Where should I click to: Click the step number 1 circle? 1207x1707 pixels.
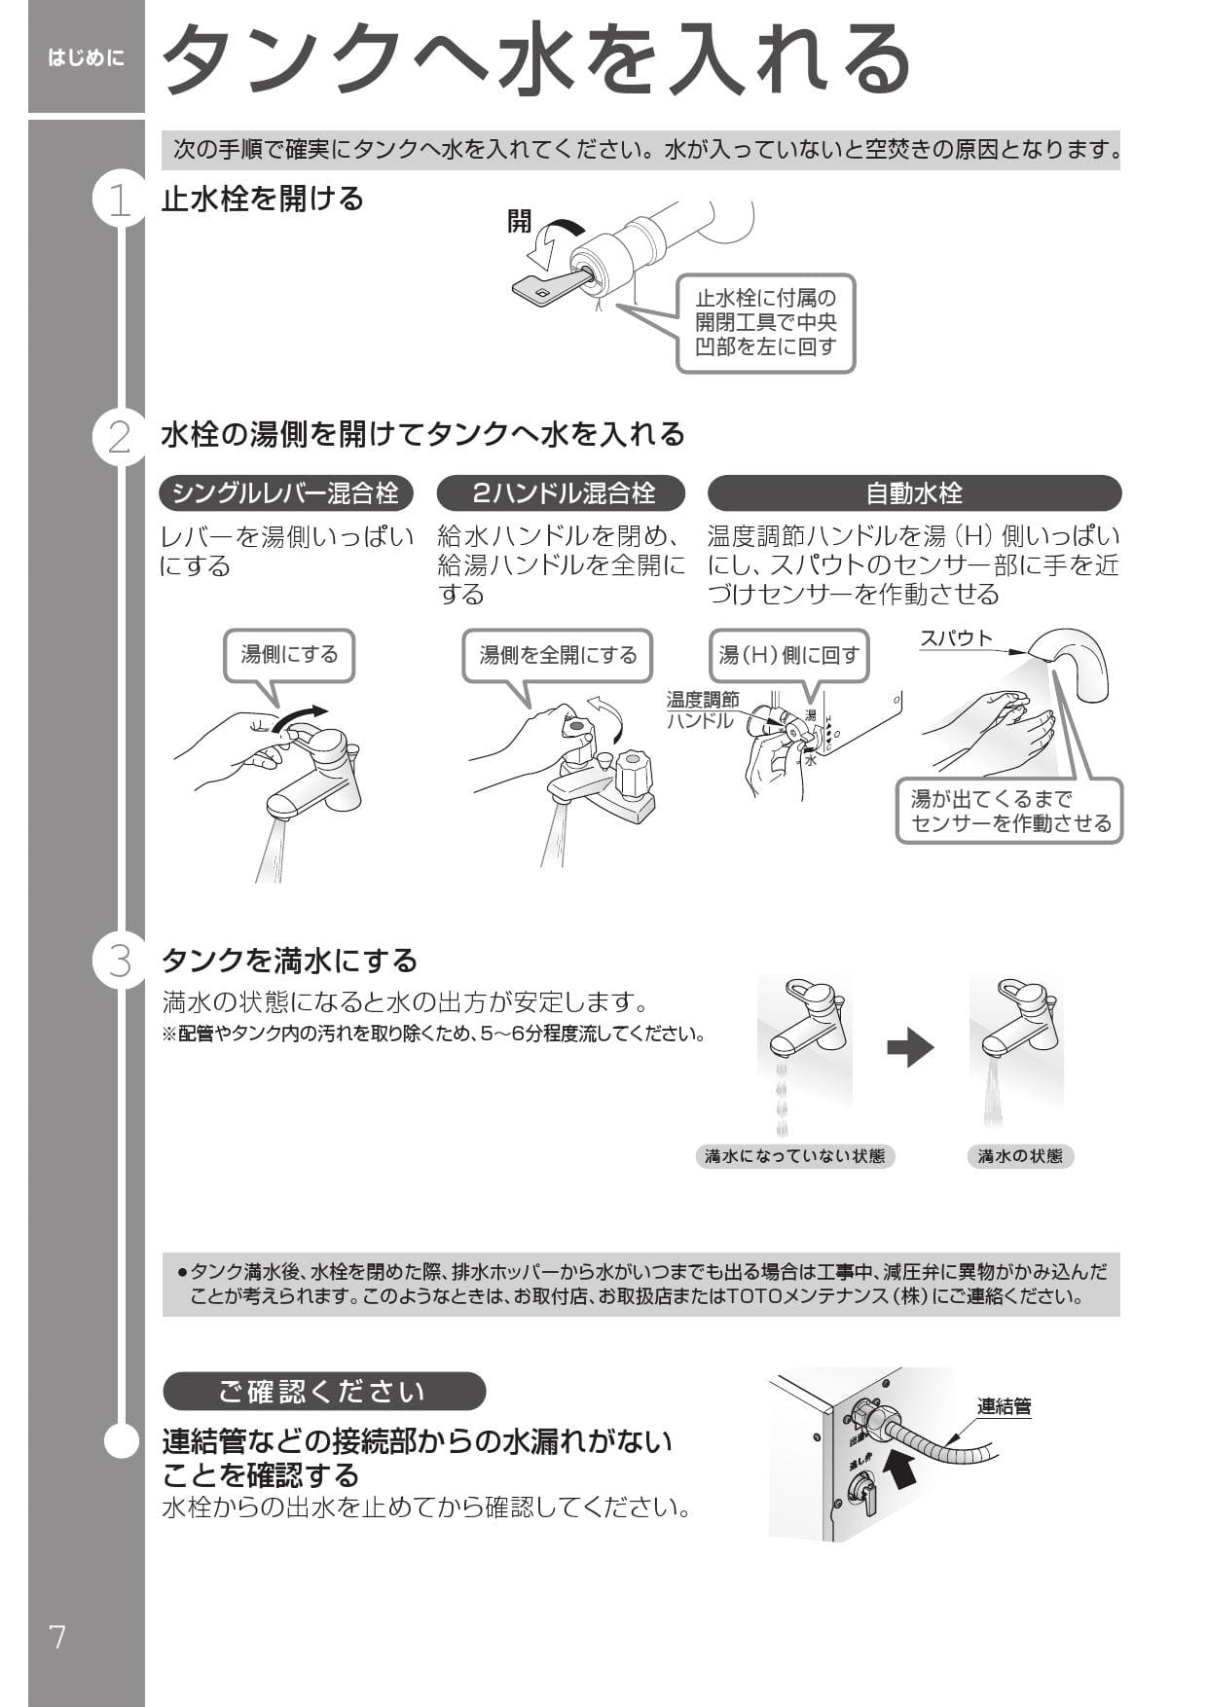(120, 200)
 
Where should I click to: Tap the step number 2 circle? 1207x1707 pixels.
(120, 437)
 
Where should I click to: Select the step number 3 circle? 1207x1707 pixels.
(120, 962)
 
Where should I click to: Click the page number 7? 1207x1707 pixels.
(58, 1637)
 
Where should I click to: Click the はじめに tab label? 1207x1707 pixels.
(87, 58)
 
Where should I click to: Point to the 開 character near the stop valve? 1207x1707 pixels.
(520, 221)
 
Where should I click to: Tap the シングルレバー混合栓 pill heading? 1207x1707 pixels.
(285, 493)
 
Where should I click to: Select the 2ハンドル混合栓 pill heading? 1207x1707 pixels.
(562, 493)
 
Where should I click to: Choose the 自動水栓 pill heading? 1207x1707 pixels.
(914, 493)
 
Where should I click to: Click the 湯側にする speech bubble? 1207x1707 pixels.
(289, 655)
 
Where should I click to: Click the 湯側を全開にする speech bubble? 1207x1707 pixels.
(558, 655)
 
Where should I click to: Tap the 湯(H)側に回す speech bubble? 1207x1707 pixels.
(788, 655)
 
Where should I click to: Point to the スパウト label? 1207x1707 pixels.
(956, 638)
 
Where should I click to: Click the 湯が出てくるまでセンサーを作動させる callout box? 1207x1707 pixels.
(1010, 811)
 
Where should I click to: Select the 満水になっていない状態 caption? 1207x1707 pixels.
(795, 1156)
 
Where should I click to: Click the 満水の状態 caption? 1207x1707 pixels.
(1020, 1156)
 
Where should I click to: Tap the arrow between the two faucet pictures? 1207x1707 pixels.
(910, 1047)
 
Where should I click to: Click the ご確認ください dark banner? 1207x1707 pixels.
(323, 1392)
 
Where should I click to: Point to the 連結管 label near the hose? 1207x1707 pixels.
(1004, 1406)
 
